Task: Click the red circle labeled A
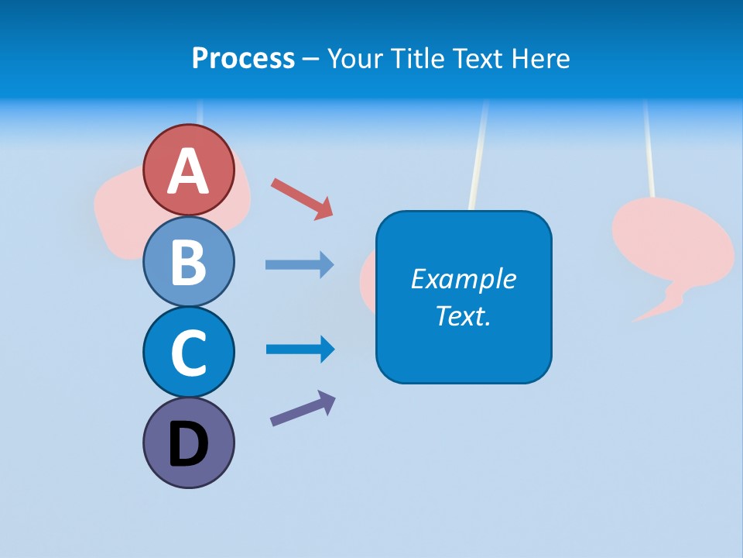click(x=188, y=170)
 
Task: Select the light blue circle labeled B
click(x=188, y=261)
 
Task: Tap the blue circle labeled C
click(x=188, y=352)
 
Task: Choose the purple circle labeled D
click(x=188, y=443)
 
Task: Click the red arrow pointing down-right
click(x=302, y=198)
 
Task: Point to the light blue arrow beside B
click(x=300, y=265)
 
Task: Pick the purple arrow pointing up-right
click(x=303, y=408)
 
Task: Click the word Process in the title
click(x=243, y=58)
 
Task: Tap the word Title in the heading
click(x=418, y=58)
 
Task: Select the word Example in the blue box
click(x=463, y=278)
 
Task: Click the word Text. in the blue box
click(x=463, y=315)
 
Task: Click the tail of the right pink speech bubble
click(x=658, y=306)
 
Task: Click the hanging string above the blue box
click(x=478, y=155)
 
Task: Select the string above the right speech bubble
click(x=649, y=147)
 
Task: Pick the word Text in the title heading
click(x=479, y=58)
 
